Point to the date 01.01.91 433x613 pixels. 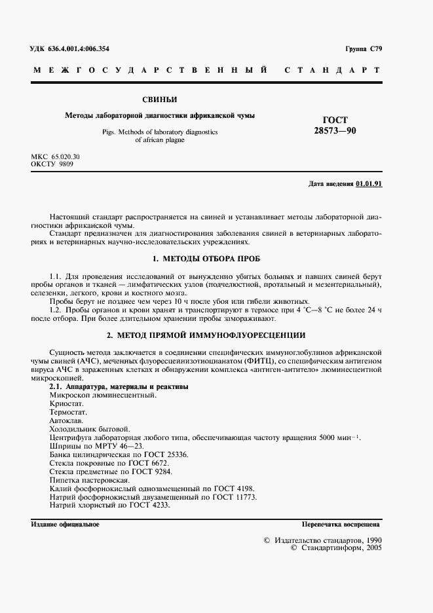click(x=369, y=184)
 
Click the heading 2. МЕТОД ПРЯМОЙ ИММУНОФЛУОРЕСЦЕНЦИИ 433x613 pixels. click(x=205, y=335)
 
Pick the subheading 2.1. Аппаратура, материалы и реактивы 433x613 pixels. click(x=119, y=386)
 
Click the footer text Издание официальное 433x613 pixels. click(x=65, y=525)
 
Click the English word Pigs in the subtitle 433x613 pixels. click(x=109, y=132)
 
